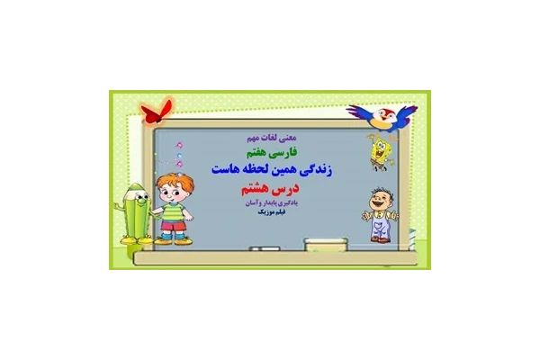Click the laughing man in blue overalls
coord(379,214)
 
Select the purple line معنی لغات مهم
coord(269,139)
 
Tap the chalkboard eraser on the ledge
coord(318,243)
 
